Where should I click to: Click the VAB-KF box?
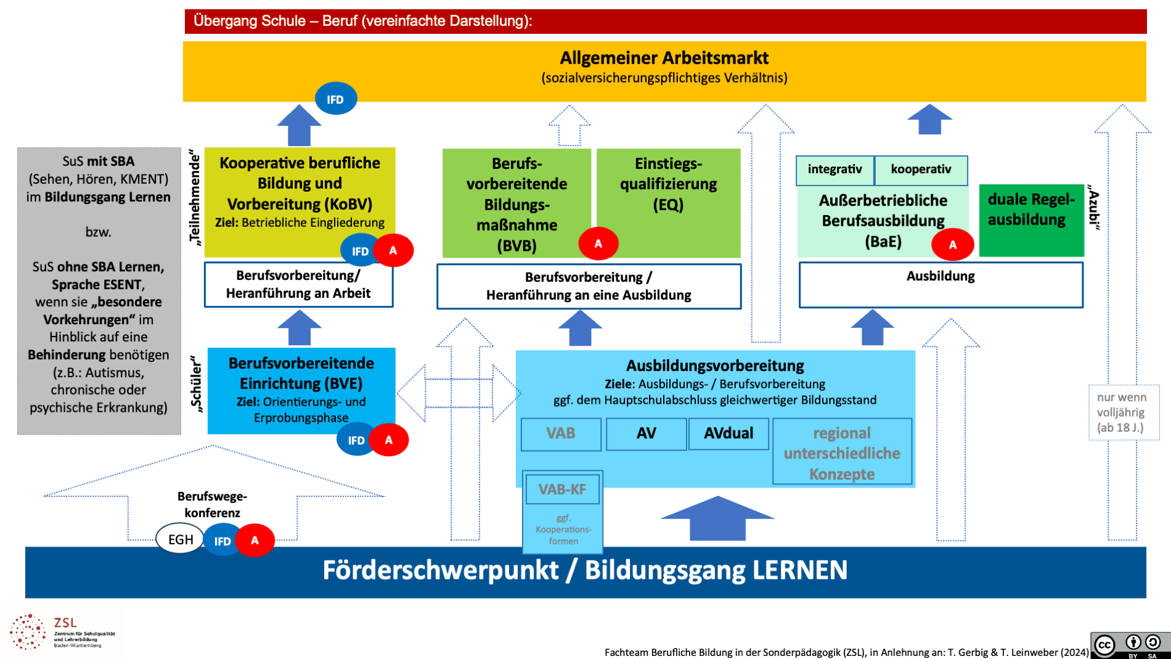(x=561, y=489)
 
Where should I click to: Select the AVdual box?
(x=728, y=433)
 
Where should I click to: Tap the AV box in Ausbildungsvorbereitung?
(x=646, y=433)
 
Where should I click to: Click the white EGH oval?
(x=180, y=539)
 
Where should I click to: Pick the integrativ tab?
(x=834, y=170)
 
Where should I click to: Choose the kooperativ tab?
(x=921, y=170)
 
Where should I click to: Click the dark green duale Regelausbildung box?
(x=1031, y=220)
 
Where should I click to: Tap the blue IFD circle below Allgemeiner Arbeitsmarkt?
(x=335, y=99)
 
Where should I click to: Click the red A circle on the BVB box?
(x=598, y=244)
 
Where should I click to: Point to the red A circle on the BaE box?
(x=952, y=244)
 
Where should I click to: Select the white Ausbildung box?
(x=940, y=284)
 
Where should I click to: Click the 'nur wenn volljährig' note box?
(x=1123, y=412)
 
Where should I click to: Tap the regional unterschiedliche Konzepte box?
(x=842, y=452)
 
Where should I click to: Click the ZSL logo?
(x=62, y=631)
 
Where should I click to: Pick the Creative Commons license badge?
(x=1130, y=645)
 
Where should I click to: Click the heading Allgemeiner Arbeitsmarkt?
(x=664, y=58)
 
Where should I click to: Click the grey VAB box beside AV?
(x=560, y=433)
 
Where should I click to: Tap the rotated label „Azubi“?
(x=1093, y=207)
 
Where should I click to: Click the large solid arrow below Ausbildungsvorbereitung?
(x=717, y=517)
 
